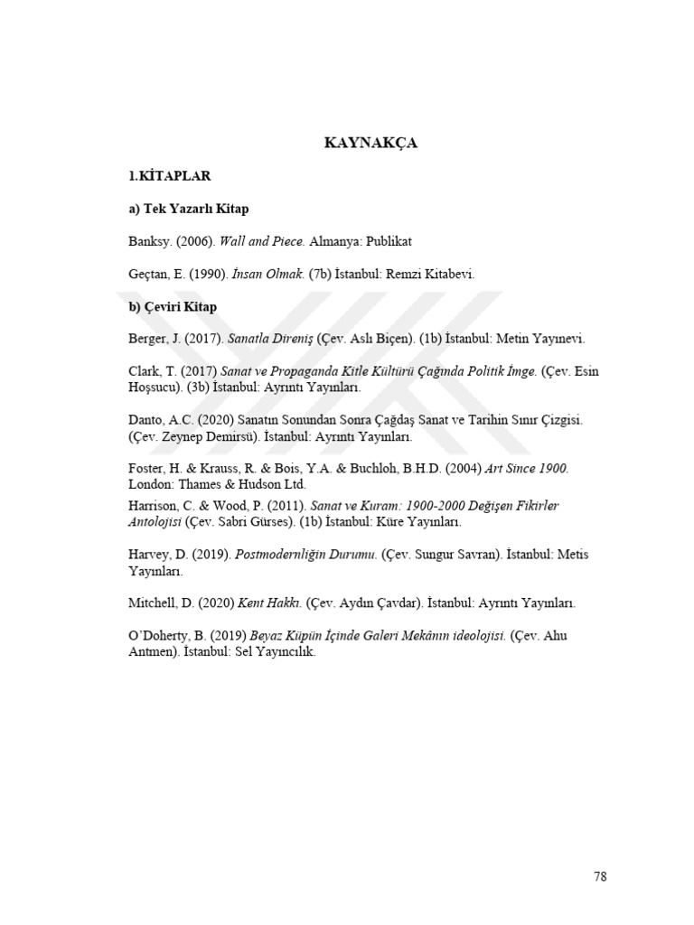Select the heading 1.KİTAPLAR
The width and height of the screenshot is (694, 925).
pos(170,176)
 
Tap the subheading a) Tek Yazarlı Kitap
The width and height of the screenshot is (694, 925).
pos(188,209)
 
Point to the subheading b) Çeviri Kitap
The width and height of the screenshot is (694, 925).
pos(172,307)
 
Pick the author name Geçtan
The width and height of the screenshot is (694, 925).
pos(148,275)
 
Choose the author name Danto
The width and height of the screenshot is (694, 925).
pos(146,420)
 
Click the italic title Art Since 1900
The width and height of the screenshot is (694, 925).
pos(527,469)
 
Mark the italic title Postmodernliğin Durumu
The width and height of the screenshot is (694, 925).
pos(305,555)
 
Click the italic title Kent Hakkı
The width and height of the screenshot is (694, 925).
pos(270,603)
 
